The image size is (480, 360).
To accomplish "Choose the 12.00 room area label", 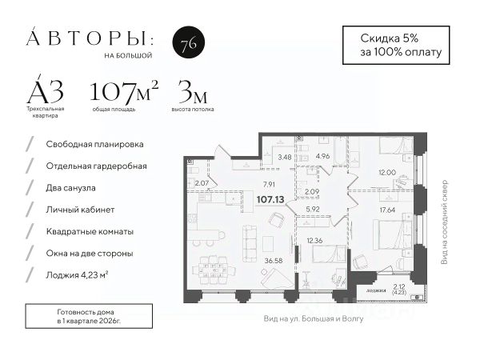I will click(387, 173).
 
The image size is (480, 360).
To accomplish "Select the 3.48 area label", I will click(284, 157).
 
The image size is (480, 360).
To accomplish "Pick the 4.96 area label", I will click(322, 157).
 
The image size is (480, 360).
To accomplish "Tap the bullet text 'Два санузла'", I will click(72, 188).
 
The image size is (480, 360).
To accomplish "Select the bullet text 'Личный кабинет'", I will click(81, 210).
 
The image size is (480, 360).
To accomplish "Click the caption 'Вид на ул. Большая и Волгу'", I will click(314, 318).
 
